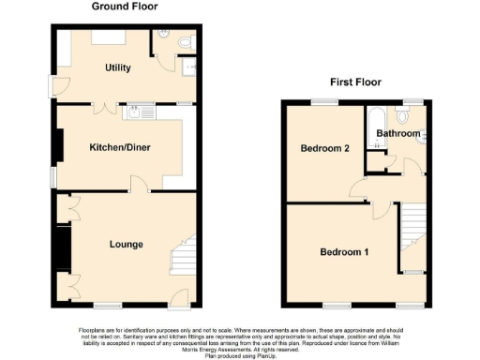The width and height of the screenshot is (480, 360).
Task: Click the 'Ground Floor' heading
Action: click(125, 7)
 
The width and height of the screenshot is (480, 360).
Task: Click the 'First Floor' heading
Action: click(352, 82)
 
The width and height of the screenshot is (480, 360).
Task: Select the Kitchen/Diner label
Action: click(120, 148)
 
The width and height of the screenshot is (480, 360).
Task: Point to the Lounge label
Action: click(126, 245)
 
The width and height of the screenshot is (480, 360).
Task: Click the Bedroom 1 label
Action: click(344, 252)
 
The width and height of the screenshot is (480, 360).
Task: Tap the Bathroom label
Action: click(398, 134)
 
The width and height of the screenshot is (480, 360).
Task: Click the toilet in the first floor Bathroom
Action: click(404, 117)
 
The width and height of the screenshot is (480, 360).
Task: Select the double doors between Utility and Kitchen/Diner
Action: click(97, 107)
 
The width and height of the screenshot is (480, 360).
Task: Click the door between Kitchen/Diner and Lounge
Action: click(137, 187)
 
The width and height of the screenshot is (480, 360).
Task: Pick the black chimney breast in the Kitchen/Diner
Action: click(59, 145)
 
